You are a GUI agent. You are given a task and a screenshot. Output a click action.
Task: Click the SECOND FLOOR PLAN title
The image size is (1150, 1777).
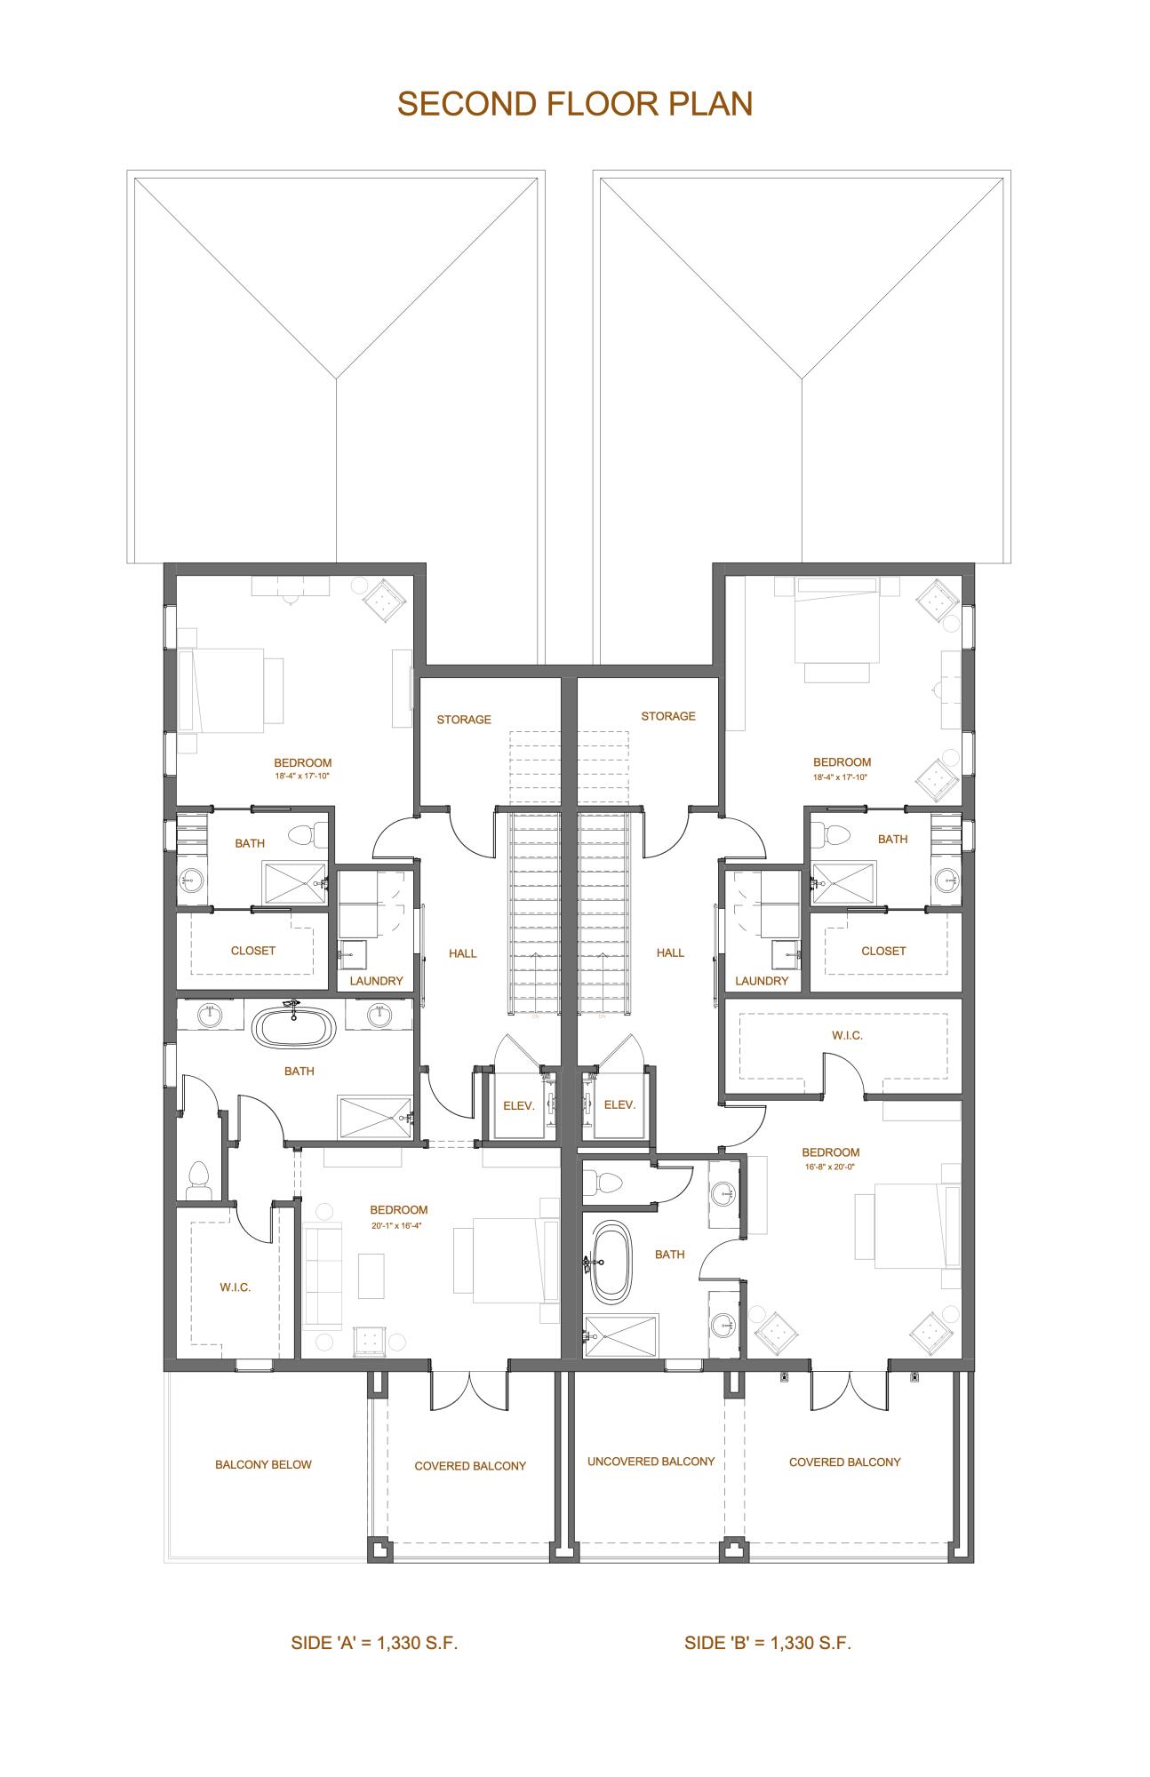pyautogui.click(x=574, y=104)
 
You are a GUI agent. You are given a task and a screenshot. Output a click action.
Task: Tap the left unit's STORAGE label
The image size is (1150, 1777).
pyautogui.click(x=463, y=720)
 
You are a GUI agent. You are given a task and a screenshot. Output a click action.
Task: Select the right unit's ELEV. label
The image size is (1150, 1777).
pyautogui.click(x=619, y=1104)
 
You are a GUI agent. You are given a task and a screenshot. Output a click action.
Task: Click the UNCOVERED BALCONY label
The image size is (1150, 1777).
pyautogui.click(x=651, y=1462)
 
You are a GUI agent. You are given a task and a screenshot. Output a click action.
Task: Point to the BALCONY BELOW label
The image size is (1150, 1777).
pyautogui.click(x=263, y=1464)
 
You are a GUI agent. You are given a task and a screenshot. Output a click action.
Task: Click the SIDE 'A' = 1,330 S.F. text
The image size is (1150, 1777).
pyautogui.click(x=374, y=1643)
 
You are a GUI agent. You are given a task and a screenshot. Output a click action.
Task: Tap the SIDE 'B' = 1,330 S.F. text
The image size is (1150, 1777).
pyautogui.click(x=767, y=1643)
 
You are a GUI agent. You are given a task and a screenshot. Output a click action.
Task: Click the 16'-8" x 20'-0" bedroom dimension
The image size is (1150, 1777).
pyautogui.click(x=830, y=1167)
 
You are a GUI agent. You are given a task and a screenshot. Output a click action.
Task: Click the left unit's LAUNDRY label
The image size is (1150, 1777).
pyautogui.click(x=376, y=981)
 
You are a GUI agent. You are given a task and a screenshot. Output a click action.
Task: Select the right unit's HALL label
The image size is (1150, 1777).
pyautogui.click(x=670, y=952)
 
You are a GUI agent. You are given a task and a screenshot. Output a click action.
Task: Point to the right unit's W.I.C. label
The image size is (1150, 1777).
pyautogui.click(x=847, y=1035)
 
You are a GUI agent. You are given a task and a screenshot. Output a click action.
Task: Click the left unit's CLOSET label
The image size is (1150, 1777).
pyautogui.click(x=252, y=951)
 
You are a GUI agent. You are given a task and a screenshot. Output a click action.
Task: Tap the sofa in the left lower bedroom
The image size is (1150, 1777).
pyautogui.click(x=323, y=1276)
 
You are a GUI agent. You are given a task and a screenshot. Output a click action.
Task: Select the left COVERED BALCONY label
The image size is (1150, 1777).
pyautogui.click(x=470, y=1466)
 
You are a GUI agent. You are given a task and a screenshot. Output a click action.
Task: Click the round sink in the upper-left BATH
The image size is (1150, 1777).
pyautogui.click(x=191, y=881)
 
